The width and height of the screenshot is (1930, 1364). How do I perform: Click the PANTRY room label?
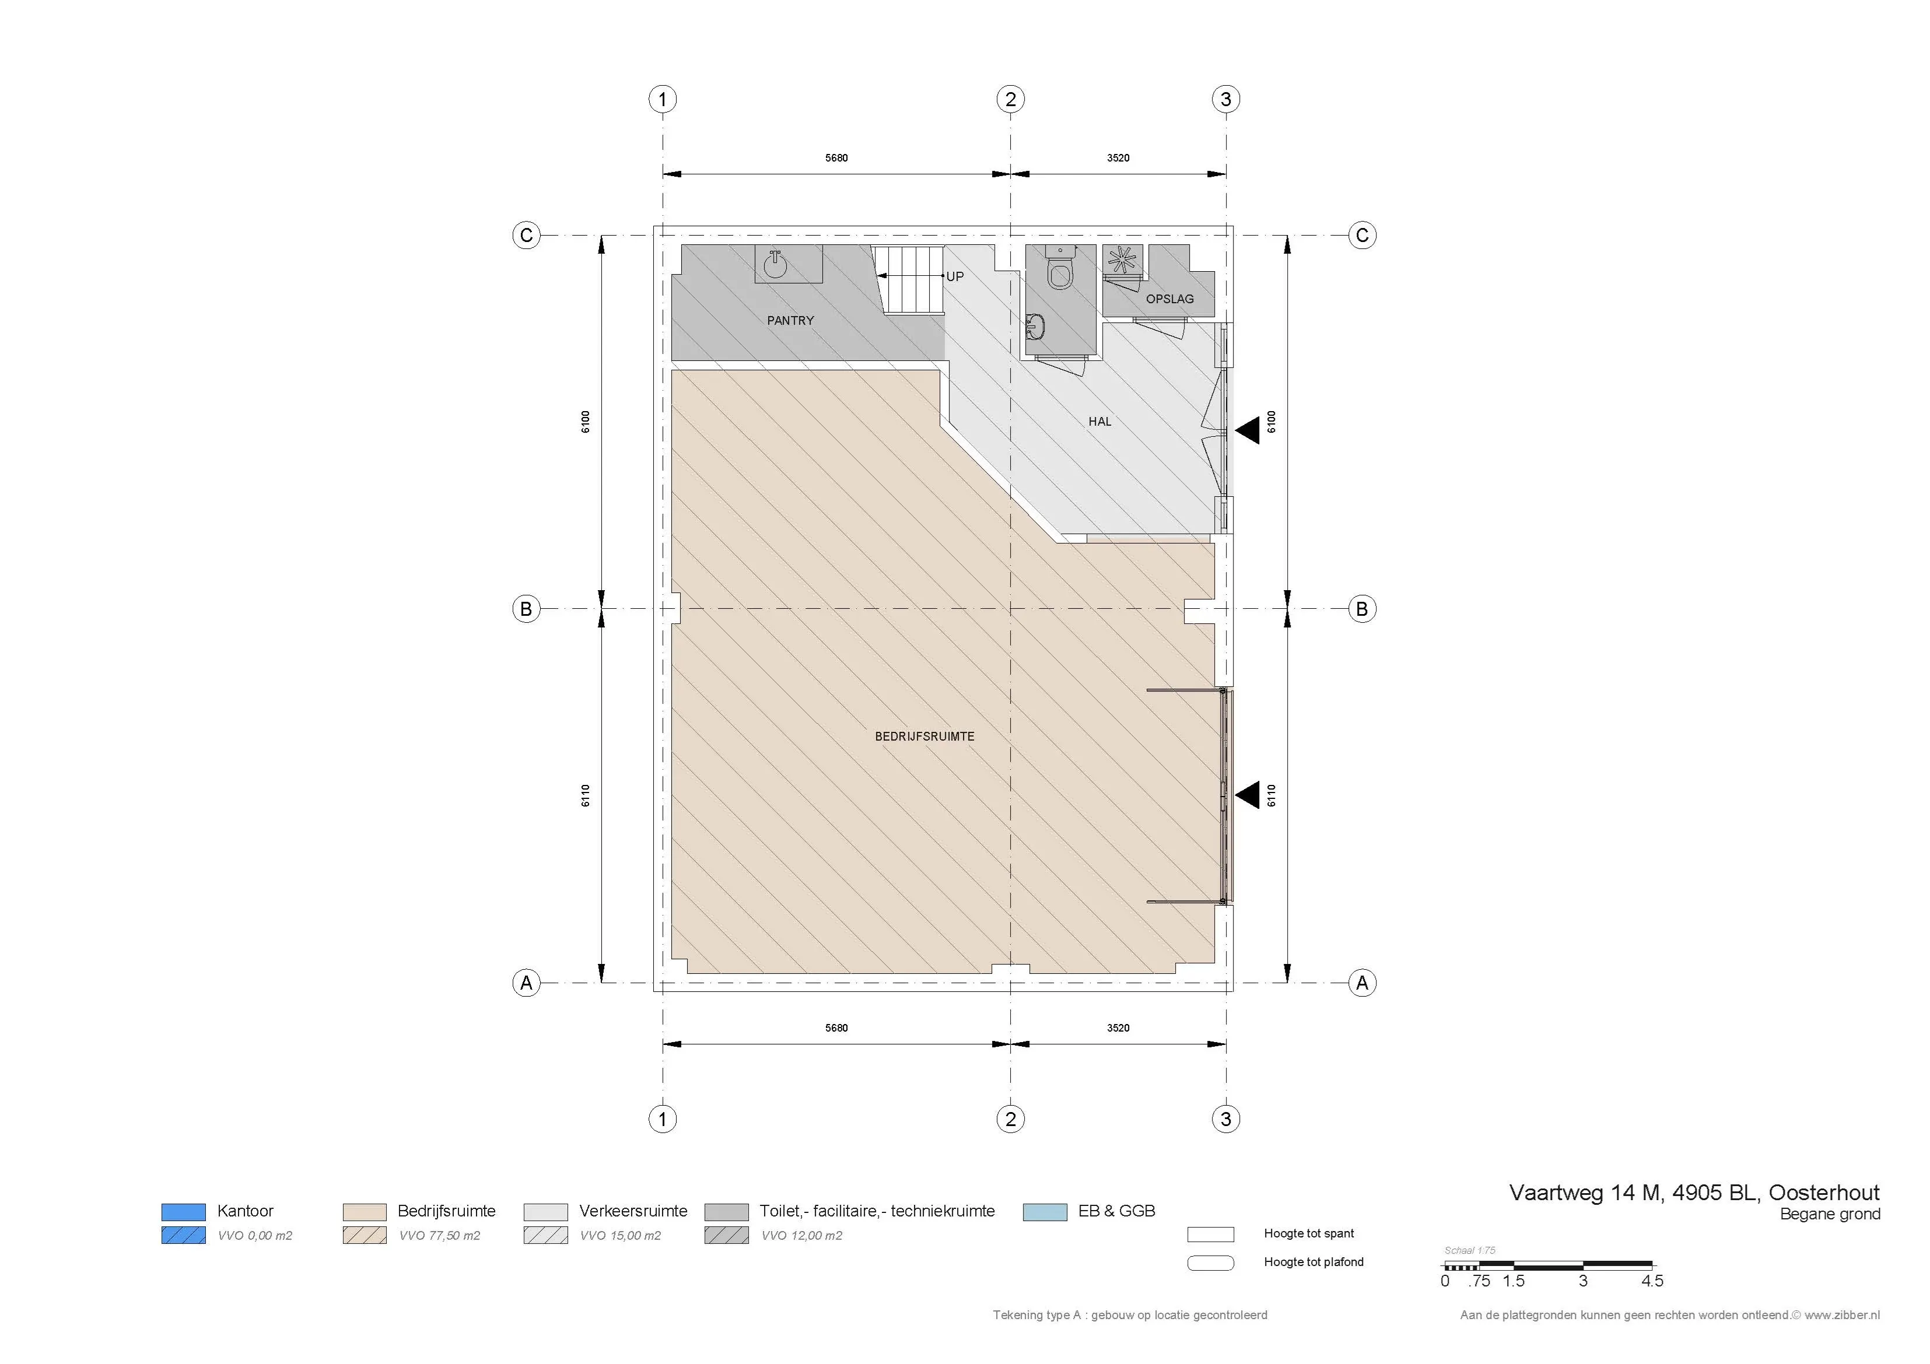point(790,320)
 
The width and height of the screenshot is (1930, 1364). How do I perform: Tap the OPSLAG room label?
point(1169,299)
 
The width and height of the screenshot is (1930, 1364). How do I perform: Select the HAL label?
point(1099,422)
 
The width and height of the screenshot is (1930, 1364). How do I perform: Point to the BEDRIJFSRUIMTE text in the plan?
point(924,736)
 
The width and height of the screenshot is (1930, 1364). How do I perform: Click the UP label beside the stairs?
point(955,276)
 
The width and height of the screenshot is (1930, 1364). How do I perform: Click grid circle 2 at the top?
point(1010,99)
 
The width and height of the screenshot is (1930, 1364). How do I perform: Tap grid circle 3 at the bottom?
point(1225,1118)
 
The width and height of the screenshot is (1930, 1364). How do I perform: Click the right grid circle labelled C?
point(1362,236)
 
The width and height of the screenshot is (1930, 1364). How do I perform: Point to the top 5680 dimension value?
point(836,158)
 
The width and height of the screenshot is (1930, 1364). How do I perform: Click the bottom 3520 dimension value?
point(1118,1028)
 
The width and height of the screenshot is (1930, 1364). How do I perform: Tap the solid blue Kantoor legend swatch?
point(183,1212)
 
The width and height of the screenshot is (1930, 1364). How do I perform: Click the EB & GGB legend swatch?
point(1045,1212)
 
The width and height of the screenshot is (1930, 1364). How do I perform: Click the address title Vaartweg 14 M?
point(1585,1193)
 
